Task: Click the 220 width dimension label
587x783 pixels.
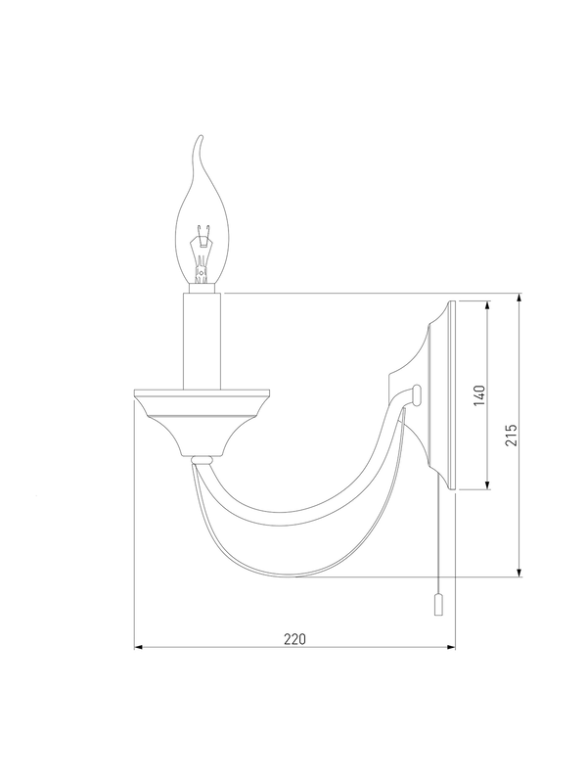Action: coord(294,639)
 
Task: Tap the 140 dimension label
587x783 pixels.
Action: coord(479,395)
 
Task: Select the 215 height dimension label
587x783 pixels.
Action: coord(511,435)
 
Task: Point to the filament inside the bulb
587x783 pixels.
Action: coord(202,253)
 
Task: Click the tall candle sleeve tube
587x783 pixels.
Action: coord(203,342)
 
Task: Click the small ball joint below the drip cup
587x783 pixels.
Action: coord(203,458)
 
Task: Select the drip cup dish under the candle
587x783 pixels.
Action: coord(203,422)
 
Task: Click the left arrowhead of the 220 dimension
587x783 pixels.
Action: coord(139,647)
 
